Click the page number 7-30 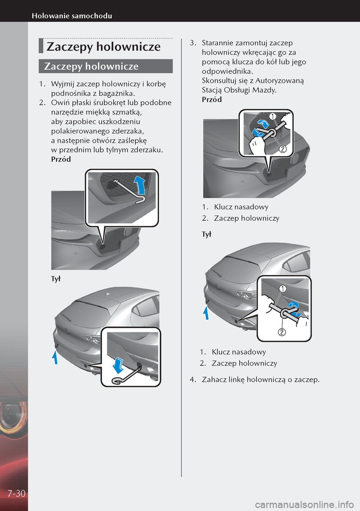[x=16, y=493]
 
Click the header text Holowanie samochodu [x=72, y=16]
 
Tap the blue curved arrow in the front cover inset [x=140, y=184]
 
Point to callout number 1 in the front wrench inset [x=273, y=116]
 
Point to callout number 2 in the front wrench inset [x=283, y=149]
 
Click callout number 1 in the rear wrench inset [x=282, y=288]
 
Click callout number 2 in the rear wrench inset [x=282, y=332]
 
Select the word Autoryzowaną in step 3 [x=280, y=81]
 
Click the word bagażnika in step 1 [x=116, y=93]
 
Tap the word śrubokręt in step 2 [x=109, y=103]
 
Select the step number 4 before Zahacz [x=192, y=379]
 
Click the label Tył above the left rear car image [x=56, y=279]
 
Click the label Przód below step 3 [x=212, y=99]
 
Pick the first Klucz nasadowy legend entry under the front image [x=241, y=207]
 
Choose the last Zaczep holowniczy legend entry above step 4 [x=244, y=363]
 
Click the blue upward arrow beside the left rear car [x=55, y=357]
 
